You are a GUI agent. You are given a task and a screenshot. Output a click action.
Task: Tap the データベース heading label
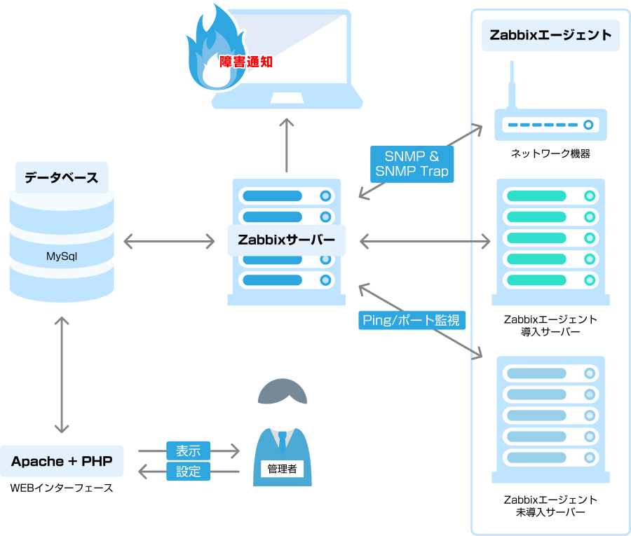coord(62,177)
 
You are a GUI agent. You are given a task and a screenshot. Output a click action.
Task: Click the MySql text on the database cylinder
coord(62,256)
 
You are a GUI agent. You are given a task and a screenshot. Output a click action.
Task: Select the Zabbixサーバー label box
coord(287,240)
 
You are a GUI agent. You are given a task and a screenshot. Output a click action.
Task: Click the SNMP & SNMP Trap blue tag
coord(412,163)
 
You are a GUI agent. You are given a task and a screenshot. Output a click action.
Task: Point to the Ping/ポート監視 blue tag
coord(412,320)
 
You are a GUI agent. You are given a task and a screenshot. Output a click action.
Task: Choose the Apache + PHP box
coord(62,461)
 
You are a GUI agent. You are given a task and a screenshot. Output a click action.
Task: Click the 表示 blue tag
coord(188,451)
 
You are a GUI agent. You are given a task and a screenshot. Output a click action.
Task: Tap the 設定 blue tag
coord(188,472)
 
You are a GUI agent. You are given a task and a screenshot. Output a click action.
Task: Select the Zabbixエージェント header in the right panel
coord(550,35)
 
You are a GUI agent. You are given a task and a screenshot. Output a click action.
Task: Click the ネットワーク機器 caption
coord(550,153)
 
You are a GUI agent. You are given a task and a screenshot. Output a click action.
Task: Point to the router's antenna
coord(512,84)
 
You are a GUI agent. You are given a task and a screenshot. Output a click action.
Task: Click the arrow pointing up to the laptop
coord(287,144)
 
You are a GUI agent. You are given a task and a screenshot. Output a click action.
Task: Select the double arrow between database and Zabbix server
coord(169,242)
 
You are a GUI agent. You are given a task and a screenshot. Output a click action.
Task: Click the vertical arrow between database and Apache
coord(62,374)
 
